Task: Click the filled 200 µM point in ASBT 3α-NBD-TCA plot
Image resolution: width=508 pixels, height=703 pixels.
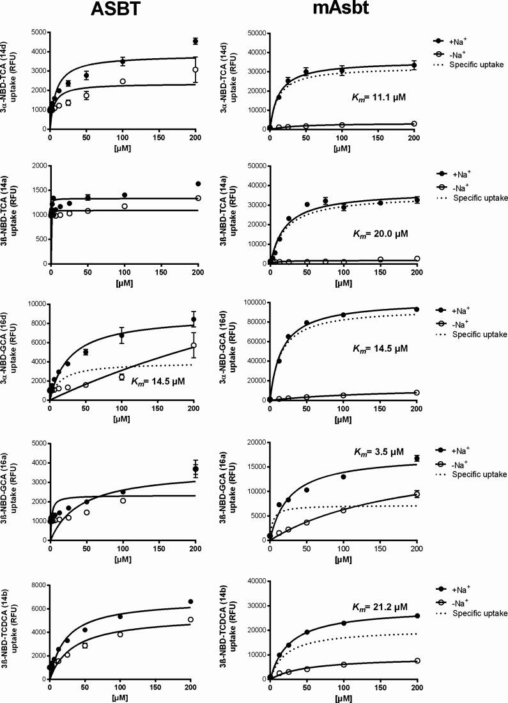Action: pos(196,41)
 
